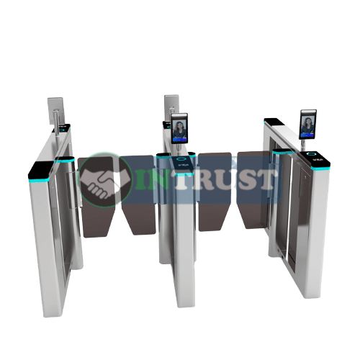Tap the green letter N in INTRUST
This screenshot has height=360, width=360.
(x=161, y=179)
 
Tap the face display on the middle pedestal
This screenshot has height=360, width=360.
(x=179, y=129)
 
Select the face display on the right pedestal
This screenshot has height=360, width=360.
(x=307, y=125)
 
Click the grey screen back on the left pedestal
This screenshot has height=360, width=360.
(x=55, y=110)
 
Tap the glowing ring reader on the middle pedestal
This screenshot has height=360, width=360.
(x=181, y=158)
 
